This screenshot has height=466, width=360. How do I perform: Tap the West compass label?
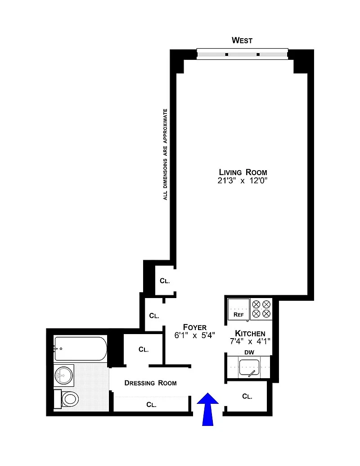(242, 40)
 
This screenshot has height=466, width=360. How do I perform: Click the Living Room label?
(243, 172)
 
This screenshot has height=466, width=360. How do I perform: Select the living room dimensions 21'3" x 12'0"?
(243, 181)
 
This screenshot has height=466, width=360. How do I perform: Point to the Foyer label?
(195, 327)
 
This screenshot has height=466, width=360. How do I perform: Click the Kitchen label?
(250, 334)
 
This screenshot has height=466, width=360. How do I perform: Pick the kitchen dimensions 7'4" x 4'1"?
(250, 341)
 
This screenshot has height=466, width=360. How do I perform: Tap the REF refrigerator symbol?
(238, 309)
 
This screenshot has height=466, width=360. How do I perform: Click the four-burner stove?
(261, 309)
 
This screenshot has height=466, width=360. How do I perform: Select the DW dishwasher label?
(249, 353)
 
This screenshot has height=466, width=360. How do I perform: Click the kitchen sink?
(249, 368)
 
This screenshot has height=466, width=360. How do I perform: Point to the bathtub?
(80, 348)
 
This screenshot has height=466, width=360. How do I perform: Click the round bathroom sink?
(63, 376)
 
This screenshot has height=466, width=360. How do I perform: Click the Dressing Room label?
(150, 383)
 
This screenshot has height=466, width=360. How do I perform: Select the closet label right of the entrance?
(247, 396)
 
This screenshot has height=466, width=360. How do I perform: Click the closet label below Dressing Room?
(151, 404)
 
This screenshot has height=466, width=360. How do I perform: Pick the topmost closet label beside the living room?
(165, 281)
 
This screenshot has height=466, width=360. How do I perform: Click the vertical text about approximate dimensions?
(165, 154)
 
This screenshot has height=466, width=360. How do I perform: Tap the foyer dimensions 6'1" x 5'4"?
(194, 335)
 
